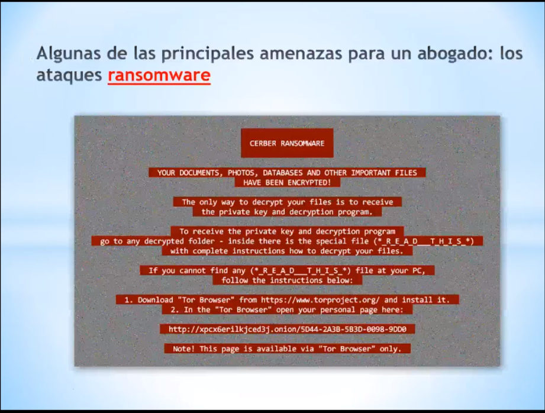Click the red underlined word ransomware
pyautogui.click(x=159, y=75)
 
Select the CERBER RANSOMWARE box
pyautogui.click(x=287, y=143)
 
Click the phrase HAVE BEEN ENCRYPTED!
pyautogui.click(x=287, y=182)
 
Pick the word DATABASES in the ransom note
pyautogui.click(x=283, y=173)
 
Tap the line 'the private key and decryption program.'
pyautogui.click(x=287, y=212)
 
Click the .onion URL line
pyautogui.click(x=288, y=329)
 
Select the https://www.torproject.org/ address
pyautogui.click(x=320, y=300)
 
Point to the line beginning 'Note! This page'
pyautogui.click(x=287, y=349)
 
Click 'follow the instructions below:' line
pyautogui.click(x=287, y=280)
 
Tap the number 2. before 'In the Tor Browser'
pyautogui.click(x=175, y=310)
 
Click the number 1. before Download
pyautogui.click(x=129, y=300)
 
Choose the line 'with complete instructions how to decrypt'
pyautogui.click(x=287, y=251)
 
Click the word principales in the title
pyautogui.click(x=208, y=53)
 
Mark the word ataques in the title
pyautogui.click(x=69, y=75)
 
